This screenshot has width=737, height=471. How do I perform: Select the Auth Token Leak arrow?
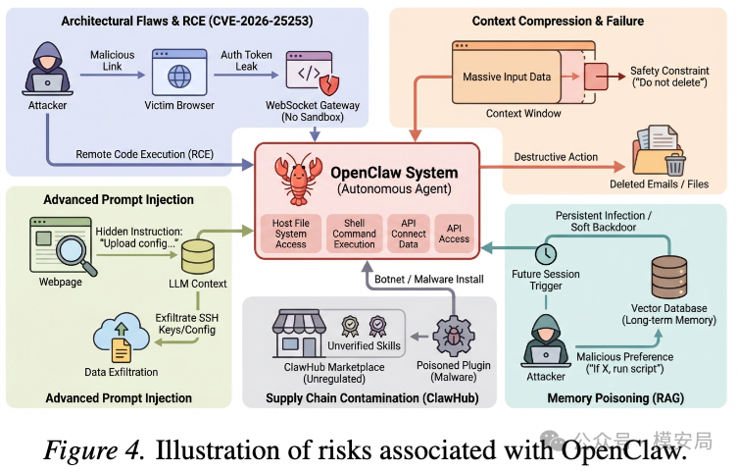[x=244, y=72]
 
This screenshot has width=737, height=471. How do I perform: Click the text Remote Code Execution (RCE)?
[x=144, y=153]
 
